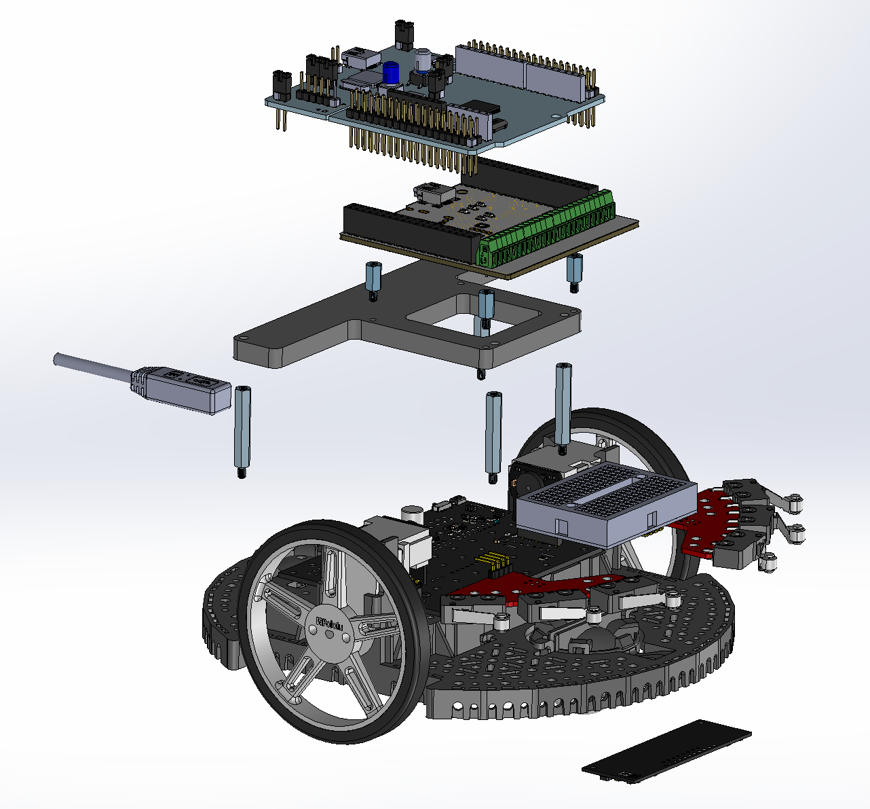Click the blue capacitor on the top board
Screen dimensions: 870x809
391,73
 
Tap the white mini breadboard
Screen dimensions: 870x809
607,503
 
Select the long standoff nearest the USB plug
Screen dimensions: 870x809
242,431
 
